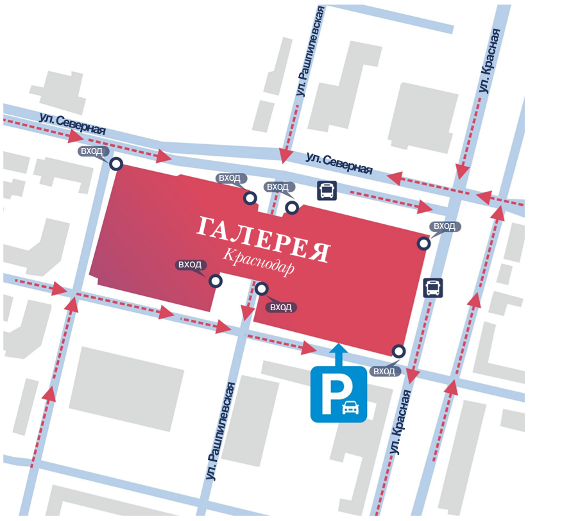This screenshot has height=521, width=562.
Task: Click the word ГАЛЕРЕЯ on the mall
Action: [x=263, y=239]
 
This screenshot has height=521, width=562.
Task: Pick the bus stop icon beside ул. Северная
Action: [x=327, y=190]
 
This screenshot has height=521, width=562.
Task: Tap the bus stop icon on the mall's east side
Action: [x=434, y=288]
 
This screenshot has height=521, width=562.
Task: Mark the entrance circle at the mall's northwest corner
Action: [x=116, y=164]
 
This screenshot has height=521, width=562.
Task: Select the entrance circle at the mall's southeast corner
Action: [x=399, y=351]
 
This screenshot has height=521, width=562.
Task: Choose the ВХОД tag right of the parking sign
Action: [x=384, y=371]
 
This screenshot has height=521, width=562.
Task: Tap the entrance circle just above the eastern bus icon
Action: [x=423, y=243]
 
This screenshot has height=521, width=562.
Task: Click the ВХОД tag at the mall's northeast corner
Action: [x=445, y=226]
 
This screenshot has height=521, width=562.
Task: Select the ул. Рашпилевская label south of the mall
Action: [x=221, y=431]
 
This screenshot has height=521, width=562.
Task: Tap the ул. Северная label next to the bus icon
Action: [x=339, y=163]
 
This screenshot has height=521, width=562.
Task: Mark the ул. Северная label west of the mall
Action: [x=72, y=124]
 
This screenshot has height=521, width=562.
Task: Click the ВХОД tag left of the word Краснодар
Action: [x=190, y=265]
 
